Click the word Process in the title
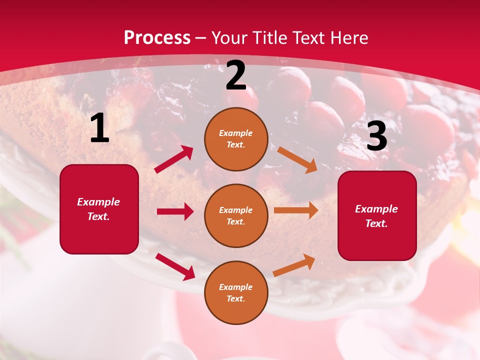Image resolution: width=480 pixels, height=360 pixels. pyautogui.click(x=157, y=38)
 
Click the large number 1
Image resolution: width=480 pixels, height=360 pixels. pyautogui.click(x=99, y=128)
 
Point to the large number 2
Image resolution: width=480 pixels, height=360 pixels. pyautogui.click(x=236, y=75)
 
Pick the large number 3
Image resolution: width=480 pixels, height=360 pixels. pyautogui.click(x=377, y=136)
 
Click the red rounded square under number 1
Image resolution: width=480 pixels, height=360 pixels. pyautogui.click(x=99, y=209)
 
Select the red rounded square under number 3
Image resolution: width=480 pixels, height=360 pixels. pyautogui.click(x=377, y=216)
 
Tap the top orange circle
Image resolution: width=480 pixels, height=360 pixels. pyautogui.click(x=236, y=139)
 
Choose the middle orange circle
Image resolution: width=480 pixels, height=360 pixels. pyautogui.click(x=236, y=216)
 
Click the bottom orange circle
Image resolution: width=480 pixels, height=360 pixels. pyautogui.click(x=236, y=293)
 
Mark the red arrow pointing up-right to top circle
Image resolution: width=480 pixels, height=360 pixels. pyautogui.click(x=174, y=159)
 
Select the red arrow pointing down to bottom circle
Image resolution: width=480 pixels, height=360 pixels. pyautogui.click(x=175, y=266)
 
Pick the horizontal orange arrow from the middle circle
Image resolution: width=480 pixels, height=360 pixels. pyautogui.click(x=296, y=210)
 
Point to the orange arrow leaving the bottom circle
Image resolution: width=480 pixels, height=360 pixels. pyautogui.click(x=294, y=265)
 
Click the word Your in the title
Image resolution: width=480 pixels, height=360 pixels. pyautogui.click(x=229, y=38)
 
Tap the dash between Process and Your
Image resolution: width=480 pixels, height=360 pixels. pyautogui.click(x=201, y=38)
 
